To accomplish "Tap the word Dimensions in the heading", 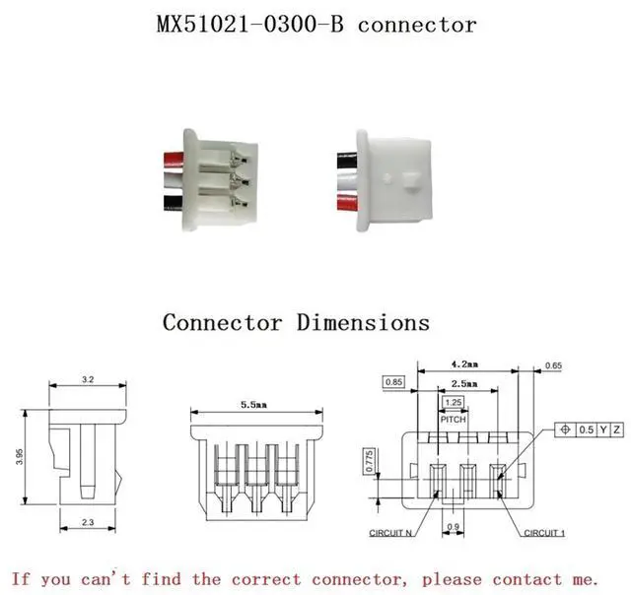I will pos(364,322).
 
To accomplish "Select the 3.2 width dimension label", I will pos(87,378).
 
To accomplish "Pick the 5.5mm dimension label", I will pos(256,405).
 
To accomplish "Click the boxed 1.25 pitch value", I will pos(453,403).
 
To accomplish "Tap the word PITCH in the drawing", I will pos(453,419).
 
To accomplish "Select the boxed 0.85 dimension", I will pos(394,381).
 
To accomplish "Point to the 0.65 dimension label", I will pos(553,366).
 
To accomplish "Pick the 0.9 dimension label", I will pos(455,526).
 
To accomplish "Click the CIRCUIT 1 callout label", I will pos(543,533).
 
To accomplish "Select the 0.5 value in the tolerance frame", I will pos(587,430).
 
